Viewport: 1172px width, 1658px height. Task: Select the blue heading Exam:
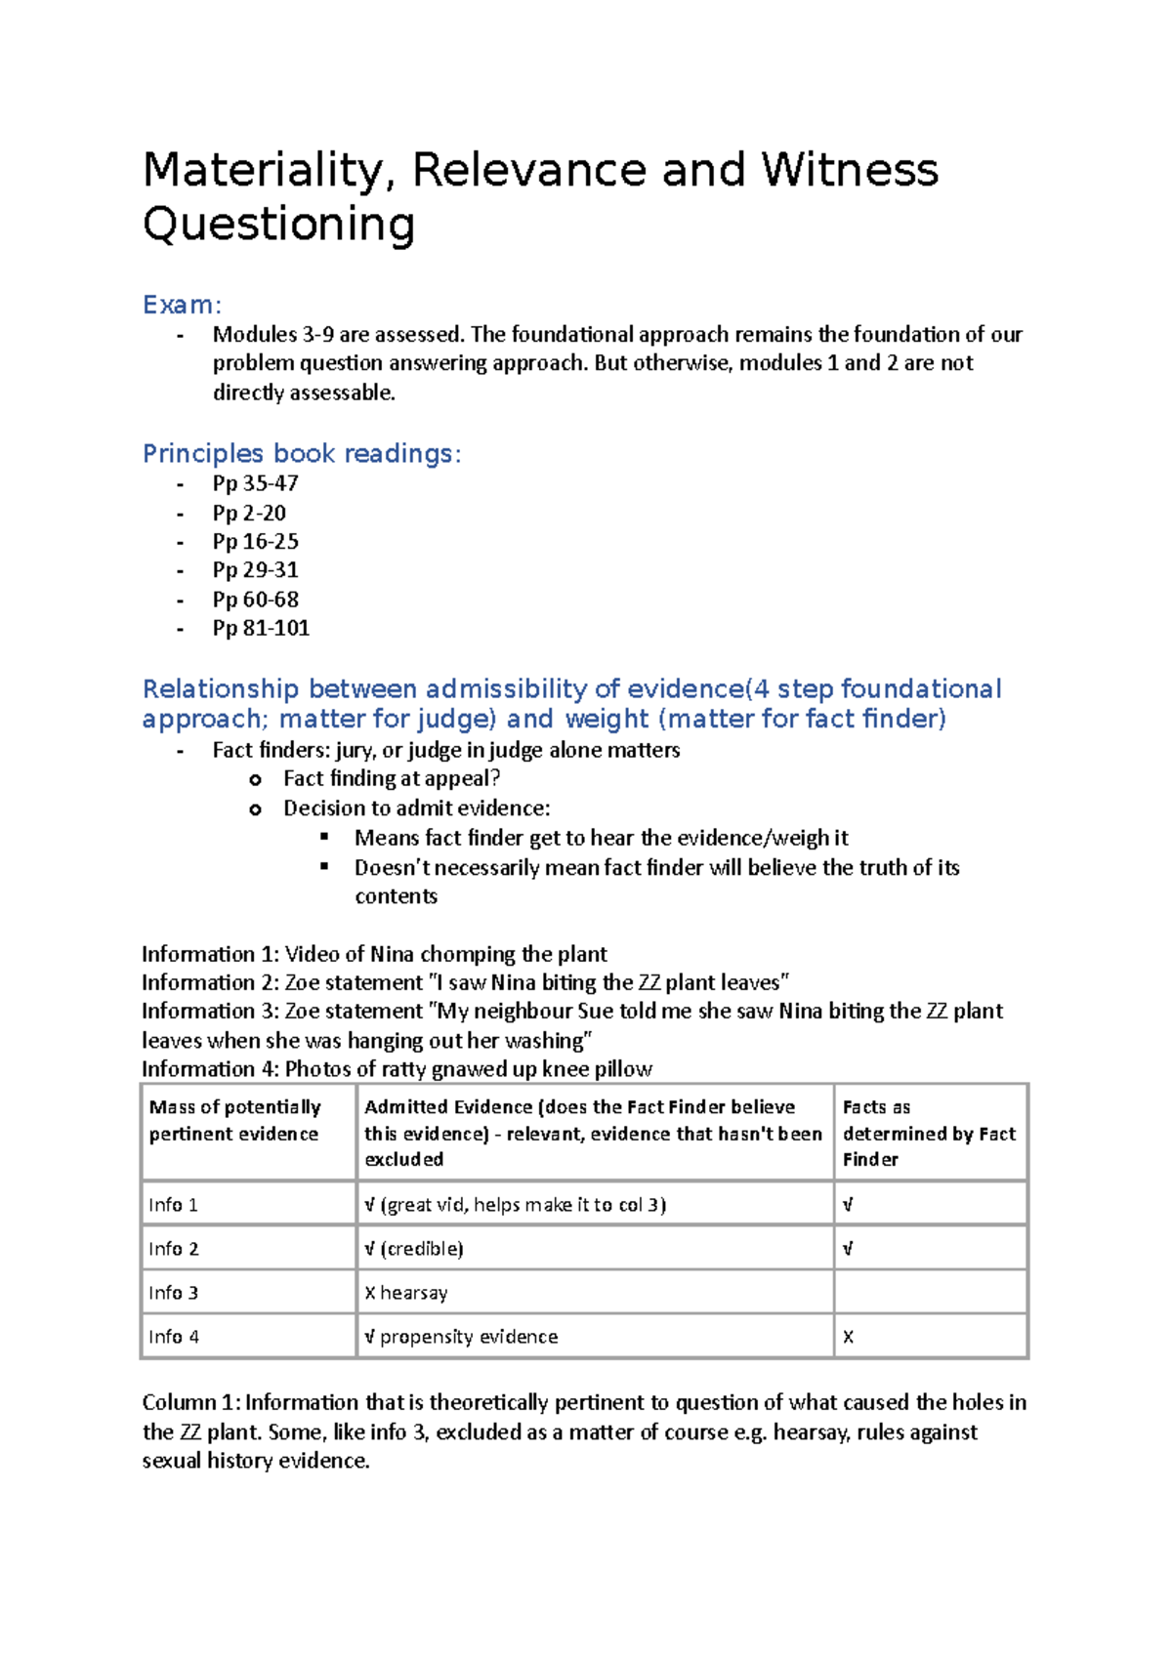pyautogui.click(x=183, y=305)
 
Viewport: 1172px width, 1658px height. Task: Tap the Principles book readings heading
pyautogui.click(x=302, y=453)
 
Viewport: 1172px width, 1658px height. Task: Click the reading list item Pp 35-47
pyautogui.click(x=256, y=483)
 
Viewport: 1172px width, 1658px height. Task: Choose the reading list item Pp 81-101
pyautogui.click(x=261, y=628)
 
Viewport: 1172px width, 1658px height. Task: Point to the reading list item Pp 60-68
pyautogui.click(x=256, y=599)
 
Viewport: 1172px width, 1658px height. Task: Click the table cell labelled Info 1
pyautogui.click(x=174, y=1205)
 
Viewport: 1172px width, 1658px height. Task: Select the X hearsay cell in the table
pyautogui.click(x=406, y=1293)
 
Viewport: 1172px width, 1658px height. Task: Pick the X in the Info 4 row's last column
pyautogui.click(x=848, y=1338)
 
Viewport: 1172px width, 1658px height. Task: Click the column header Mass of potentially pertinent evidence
pyautogui.click(x=234, y=1120)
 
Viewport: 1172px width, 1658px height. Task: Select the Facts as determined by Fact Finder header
pyautogui.click(x=928, y=1133)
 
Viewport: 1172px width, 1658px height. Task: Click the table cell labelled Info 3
pyautogui.click(x=174, y=1293)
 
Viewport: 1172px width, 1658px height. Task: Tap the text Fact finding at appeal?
pyautogui.click(x=392, y=778)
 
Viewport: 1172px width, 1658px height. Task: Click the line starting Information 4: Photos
pyautogui.click(x=397, y=1068)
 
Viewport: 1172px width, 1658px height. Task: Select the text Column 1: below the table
pyautogui.click(x=190, y=1402)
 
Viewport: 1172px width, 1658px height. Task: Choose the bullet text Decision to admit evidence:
pyautogui.click(x=416, y=808)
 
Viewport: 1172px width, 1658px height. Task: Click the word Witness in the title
pyautogui.click(x=850, y=170)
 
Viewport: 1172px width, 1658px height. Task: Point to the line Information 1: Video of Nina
pyautogui.click(x=374, y=954)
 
